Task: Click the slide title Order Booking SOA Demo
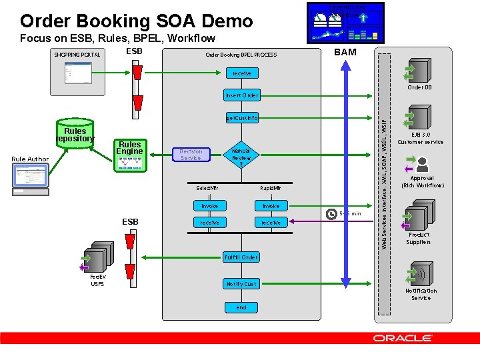pyautogui.click(x=137, y=21)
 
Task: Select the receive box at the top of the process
pyautogui.click(x=241, y=73)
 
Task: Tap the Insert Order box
pyautogui.click(x=241, y=95)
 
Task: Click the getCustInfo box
pyautogui.click(x=241, y=118)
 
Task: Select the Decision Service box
pyautogui.click(x=191, y=155)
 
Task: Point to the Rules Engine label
pyautogui.click(x=129, y=147)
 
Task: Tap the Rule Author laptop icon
pyautogui.click(x=29, y=179)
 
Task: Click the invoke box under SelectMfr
pyautogui.click(x=209, y=206)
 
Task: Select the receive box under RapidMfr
pyautogui.click(x=271, y=222)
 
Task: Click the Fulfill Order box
pyautogui.click(x=241, y=257)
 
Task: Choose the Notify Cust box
pyautogui.click(x=241, y=284)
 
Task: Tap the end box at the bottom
pyautogui.click(x=241, y=307)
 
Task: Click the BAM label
pyautogui.click(x=345, y=52)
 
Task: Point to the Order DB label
pyautogui.click(x=420, y=87)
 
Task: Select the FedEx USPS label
pyautogui.click(x=98, y=281)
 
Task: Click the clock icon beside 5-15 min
pyautogui.click(x=331, y=214)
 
